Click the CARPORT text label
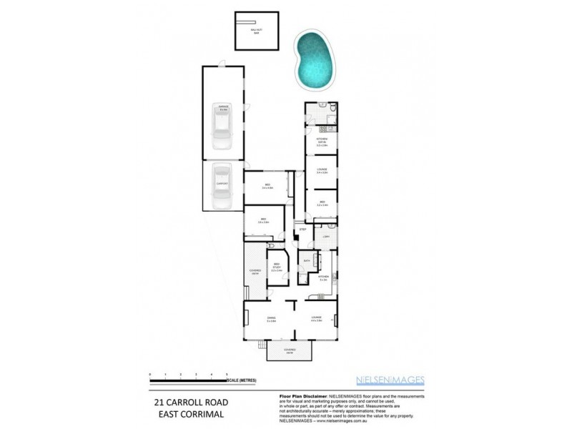click(x=222, y=184)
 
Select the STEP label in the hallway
click(x=302, y=230)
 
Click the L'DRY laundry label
click(x=325, y=237)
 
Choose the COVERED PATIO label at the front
click(x=290, y=351)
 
